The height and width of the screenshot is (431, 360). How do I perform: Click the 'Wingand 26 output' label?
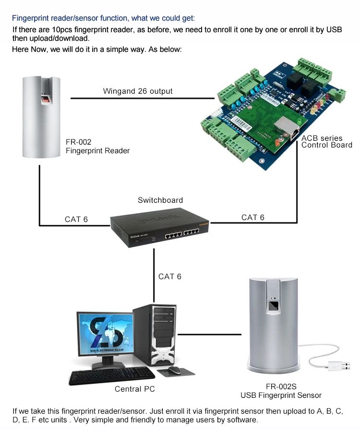click(x=138, y=91)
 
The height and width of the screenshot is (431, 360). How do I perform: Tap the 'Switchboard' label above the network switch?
click(x=160, y=200)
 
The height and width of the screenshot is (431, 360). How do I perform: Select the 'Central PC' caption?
click(x=135, y=389)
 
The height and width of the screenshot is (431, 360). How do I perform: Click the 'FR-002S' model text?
click(x=281, y=386)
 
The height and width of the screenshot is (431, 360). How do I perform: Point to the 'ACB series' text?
click(x=322, y=138)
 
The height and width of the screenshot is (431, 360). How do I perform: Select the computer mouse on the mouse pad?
click(x=174, y=369)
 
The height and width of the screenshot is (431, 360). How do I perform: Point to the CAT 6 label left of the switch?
click(x=76, y=219)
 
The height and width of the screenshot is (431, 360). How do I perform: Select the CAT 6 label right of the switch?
click(x=253, y=217)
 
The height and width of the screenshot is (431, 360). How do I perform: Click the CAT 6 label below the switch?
click(x=170, y=276)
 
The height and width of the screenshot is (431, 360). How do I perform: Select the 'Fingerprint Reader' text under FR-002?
click(x=97, y=150)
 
